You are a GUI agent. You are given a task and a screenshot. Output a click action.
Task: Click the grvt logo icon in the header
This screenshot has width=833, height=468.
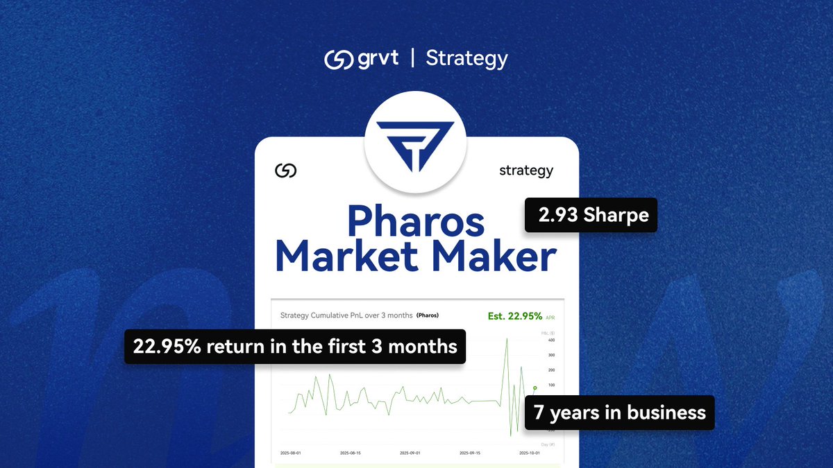[x=339, y=59]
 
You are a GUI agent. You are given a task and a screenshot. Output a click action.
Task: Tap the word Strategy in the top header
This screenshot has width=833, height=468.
[x=466, y=59]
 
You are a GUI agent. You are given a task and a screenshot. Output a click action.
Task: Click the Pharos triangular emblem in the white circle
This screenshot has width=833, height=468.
[x=416, y=143]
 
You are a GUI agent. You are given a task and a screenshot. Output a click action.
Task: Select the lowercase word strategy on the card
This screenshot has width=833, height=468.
[x=526, y=170]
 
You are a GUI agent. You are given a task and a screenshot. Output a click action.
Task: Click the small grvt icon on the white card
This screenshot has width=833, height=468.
[x=286, y=171]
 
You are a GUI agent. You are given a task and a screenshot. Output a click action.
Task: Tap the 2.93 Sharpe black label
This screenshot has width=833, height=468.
[x=591, y=215]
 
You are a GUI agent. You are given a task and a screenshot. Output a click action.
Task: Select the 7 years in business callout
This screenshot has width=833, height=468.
[x=620, y=413]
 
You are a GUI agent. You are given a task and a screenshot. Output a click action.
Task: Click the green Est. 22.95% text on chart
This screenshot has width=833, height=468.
[x=515, y=316]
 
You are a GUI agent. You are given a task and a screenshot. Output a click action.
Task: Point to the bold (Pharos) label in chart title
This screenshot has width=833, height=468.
[x=428, y=315]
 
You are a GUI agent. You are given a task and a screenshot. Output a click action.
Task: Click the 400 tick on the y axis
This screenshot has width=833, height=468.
[x=551, y=340]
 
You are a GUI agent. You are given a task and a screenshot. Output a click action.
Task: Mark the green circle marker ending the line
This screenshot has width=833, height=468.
[x=535, y=388]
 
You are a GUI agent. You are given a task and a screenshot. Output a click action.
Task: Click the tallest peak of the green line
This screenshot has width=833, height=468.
[x=507, y=338]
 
